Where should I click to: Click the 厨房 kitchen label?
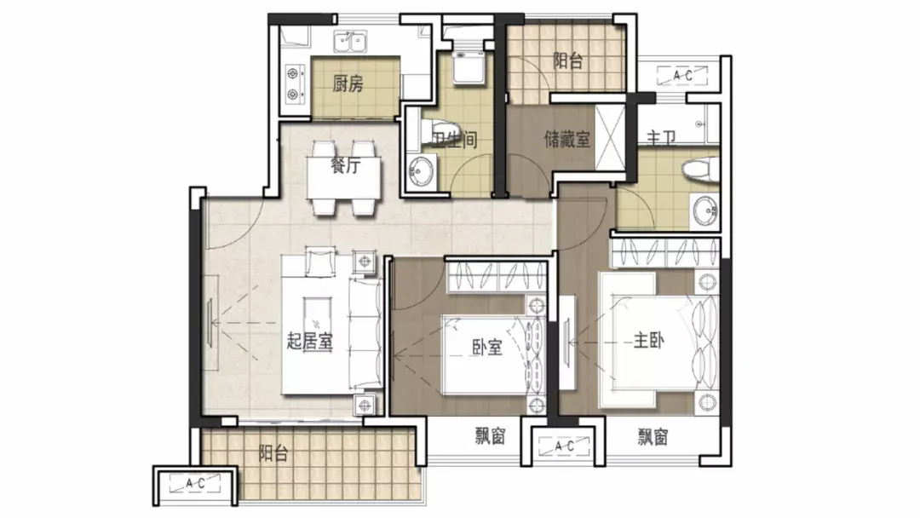348,83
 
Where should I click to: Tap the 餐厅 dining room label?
345,165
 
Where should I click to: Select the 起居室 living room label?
310,342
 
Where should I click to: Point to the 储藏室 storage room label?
566,139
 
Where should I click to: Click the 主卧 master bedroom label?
649,340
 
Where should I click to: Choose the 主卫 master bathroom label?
661,137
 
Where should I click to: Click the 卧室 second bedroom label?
487,348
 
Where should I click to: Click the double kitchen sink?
350,43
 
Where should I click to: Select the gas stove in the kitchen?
293,83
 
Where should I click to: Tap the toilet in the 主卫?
700,169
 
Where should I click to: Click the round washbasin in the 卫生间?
421,171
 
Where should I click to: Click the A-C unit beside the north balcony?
682,76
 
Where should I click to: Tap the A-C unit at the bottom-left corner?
195,484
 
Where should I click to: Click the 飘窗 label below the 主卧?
653,436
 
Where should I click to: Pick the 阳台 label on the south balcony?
273,453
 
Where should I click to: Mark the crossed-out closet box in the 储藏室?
610,138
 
